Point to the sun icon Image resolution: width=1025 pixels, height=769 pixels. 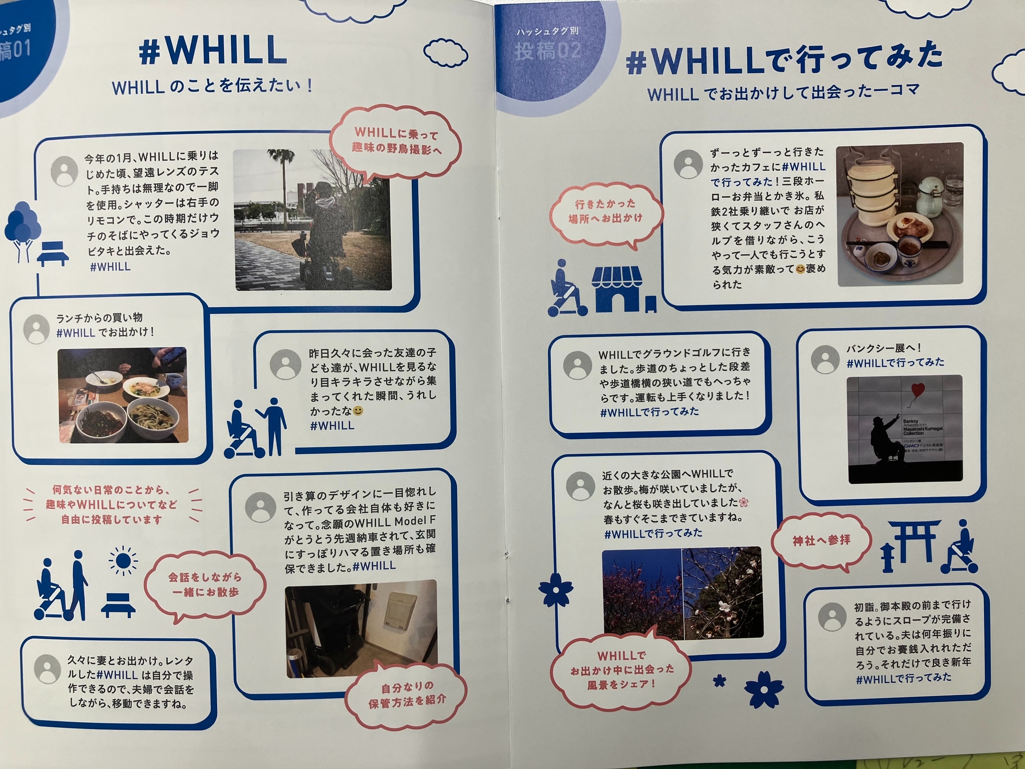coord(123,561)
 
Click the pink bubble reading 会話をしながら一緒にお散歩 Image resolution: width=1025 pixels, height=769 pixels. coord(205,586)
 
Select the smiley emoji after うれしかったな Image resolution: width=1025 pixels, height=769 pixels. coord(358,411)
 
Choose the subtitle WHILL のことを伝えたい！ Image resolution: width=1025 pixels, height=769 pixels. coord(213,87)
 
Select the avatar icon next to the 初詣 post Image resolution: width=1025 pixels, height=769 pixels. coord(833,617)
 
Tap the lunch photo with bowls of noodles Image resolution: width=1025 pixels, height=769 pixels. coord(123,395)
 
